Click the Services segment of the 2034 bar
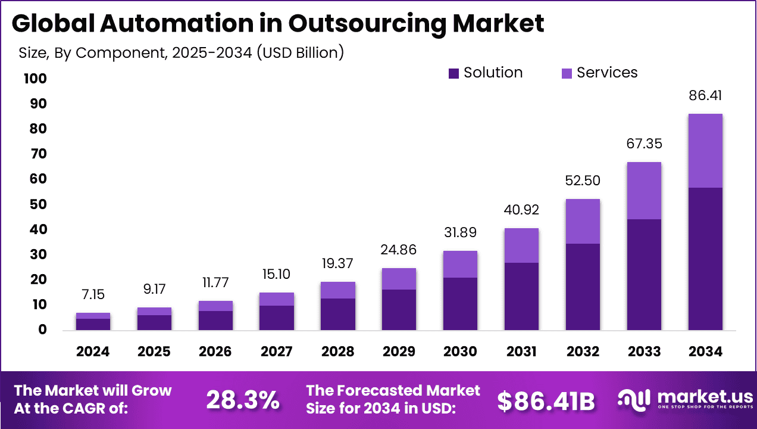coord(705,151)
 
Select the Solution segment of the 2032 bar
coord(583,287)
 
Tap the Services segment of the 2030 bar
coord(460,264)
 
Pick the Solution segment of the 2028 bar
coord(337,314)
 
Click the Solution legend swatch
coord(453,73)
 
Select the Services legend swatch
coord(567,73)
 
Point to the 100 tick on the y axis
coord(35,79)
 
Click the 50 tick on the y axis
coord(38,204)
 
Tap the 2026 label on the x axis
coord(215,352)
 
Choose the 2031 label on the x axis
coord(521,352)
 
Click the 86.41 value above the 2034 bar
coord(705,95)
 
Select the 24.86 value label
coord(399,250)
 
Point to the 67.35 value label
coord(644,144)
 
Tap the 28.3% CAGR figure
coord(243,400)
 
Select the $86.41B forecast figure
coord(546,402)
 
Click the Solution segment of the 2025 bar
coord(154,322)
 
